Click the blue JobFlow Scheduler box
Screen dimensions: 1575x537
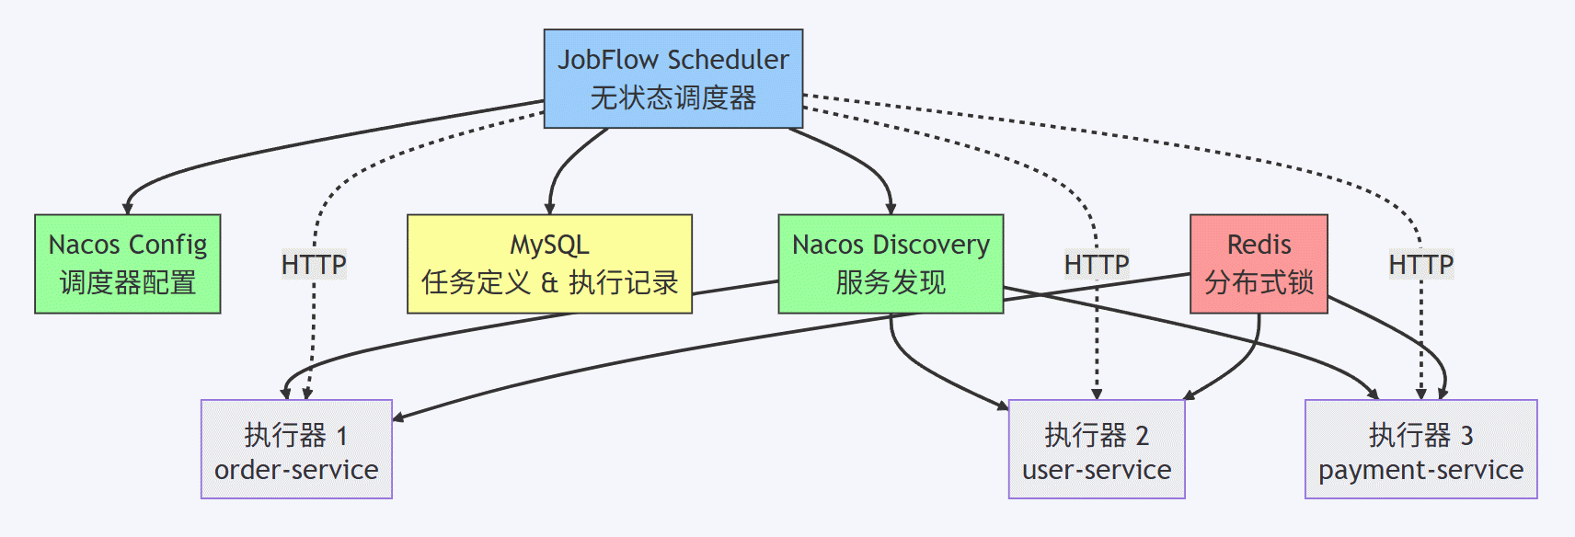[673, 79]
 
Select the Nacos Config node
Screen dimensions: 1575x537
[127, 264]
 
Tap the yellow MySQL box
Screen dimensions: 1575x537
[549, 264]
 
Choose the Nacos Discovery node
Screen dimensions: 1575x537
[891, 264]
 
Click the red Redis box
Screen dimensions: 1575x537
[1259, 264]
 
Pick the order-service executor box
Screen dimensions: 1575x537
[296, 449]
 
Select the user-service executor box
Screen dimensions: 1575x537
[1097, 449]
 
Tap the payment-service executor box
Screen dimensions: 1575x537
[1420, 449]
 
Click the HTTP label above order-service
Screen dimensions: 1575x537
[314, 265]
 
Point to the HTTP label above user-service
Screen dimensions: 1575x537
[1097, 265]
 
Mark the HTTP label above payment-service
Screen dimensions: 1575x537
[1421, 265]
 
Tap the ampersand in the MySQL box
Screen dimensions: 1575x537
[549, 283]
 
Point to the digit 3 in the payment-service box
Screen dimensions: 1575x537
[1466, 436]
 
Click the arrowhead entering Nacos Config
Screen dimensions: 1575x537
[127, 209]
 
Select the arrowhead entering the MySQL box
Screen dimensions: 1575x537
[550, 209]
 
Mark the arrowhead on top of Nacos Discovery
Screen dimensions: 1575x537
[891, 209]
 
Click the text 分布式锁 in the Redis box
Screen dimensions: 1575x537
[1259, 282]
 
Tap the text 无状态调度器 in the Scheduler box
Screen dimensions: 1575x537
[673, 97]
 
